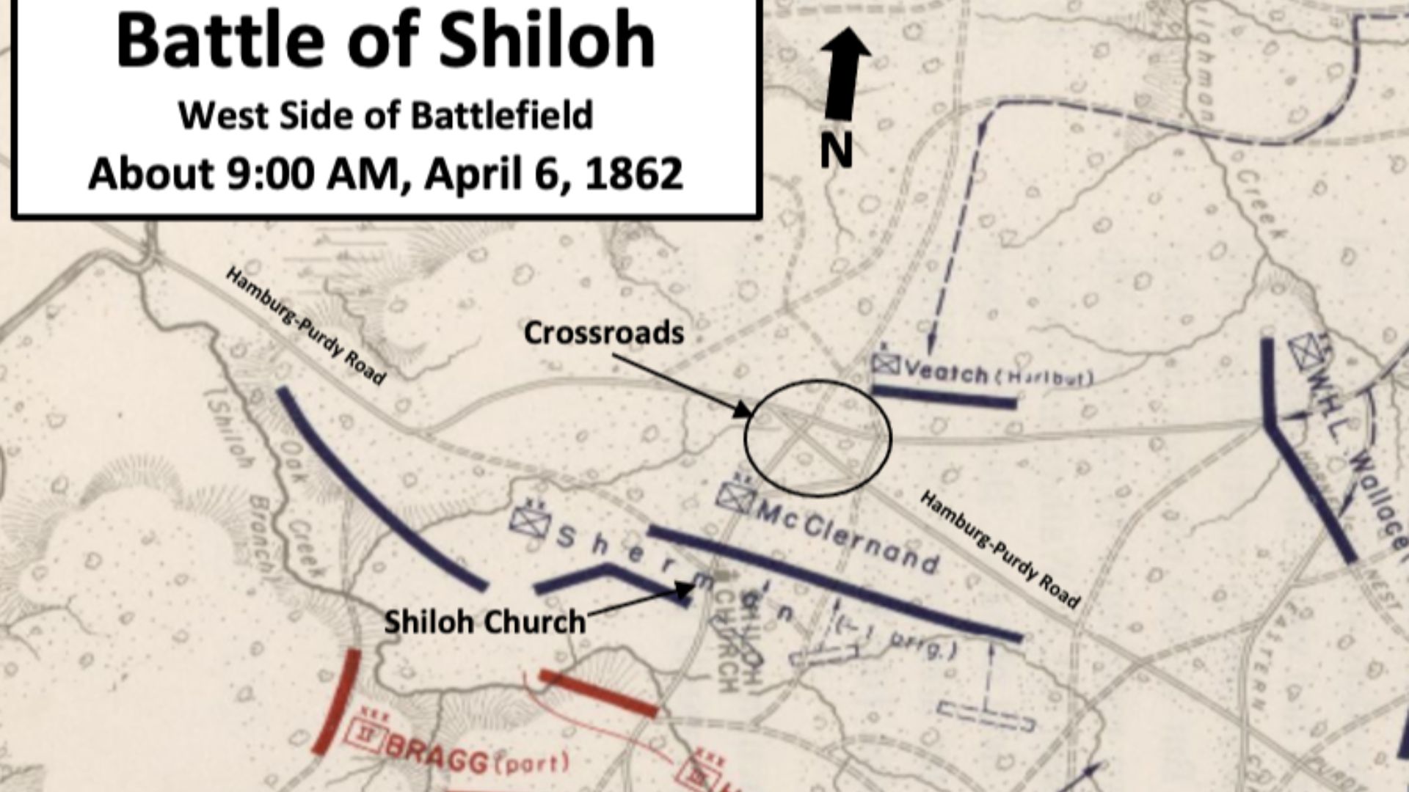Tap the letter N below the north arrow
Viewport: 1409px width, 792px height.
click(836, 150)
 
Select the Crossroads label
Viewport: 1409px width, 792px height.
click(603, 333)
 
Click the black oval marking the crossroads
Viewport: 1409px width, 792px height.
click(818, 437)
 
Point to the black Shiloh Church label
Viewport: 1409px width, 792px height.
click(485, 623)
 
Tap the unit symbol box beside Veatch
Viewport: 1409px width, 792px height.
click(886, 364)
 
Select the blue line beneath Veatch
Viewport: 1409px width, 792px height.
click(945, 397)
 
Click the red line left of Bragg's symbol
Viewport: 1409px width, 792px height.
click(337, 702)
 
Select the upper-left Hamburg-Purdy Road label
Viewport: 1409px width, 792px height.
click(305, 326)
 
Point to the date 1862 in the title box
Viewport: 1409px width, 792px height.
click(636, 174)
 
